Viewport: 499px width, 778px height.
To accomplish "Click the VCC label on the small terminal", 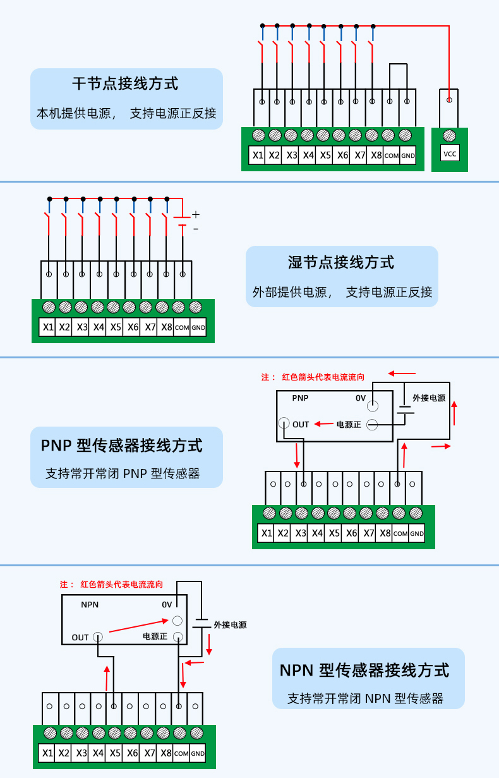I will click(450, 154).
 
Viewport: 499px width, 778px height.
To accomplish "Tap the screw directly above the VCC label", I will click(450, 135).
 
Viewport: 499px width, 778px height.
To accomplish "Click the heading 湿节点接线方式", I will click(341, 262).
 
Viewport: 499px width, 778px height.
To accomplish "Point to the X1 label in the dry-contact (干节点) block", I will click(257, 155).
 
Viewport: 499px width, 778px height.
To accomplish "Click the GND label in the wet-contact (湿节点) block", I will click(198, 327).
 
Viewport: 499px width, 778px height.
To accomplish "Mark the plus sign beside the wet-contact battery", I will click(196, 215).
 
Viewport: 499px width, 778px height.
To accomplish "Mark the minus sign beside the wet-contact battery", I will click(196, 229).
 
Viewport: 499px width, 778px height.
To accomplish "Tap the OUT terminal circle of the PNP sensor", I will click(284, 424).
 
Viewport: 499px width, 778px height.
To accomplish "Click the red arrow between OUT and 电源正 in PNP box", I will click(324, 424).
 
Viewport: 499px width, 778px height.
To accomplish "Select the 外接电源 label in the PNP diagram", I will click(429, 398).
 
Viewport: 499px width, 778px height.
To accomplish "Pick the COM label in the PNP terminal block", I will click(400, 533).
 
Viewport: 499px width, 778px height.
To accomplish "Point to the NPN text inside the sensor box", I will click(90, 604).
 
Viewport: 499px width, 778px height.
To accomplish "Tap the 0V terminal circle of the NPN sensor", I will click(178, 621).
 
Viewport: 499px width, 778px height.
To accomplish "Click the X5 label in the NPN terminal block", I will click(114, 753).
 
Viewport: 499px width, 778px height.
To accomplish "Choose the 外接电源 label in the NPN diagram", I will click(230, 625).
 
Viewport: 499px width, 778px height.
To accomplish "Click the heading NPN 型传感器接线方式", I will click(364, 670).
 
